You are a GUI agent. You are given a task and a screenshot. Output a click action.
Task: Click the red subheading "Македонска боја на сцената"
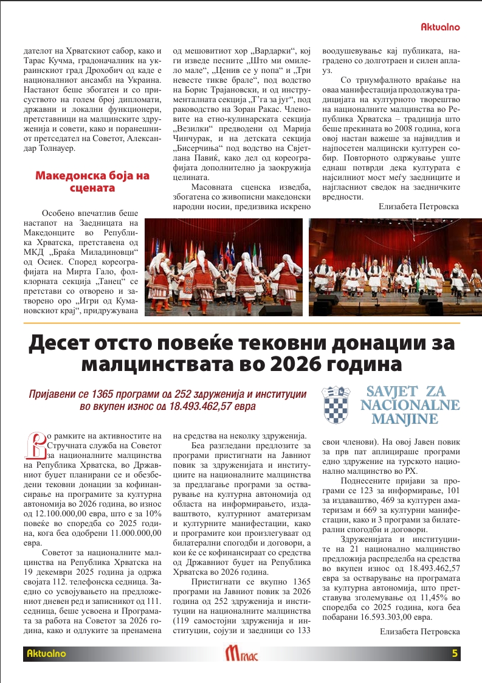pyautogui.click(x=83, y=182)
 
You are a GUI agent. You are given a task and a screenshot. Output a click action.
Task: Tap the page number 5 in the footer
pyautogui.click(x=455, y=654)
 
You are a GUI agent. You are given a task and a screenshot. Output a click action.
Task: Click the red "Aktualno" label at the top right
pyautogui.click(x=440, y=27)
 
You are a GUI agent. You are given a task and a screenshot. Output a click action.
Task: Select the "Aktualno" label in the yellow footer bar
pyautogui.click(x=46, y=654)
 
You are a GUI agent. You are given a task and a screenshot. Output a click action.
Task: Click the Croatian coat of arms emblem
pyautogui.click(x=336, y=405)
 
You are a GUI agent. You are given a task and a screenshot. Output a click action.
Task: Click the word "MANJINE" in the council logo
pyautogui.click(x=405, y=419)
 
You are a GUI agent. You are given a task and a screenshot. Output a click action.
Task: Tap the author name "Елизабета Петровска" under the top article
pyautogui.click(x=419, y=207)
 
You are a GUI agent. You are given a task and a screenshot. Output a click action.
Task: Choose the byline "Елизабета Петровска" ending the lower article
pyautogui.click(x=419, y=632)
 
